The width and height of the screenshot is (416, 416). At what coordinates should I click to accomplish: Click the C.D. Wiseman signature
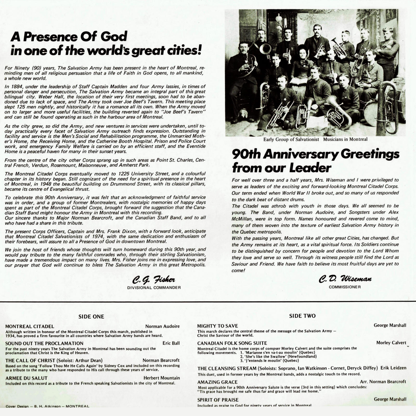tap(345, 279)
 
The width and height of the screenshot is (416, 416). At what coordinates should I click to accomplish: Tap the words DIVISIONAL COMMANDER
tap(154, 288)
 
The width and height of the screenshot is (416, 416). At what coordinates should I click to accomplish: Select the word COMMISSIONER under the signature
tap(345, 287)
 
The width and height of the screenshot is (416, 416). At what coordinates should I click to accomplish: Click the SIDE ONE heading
tap(91, 317)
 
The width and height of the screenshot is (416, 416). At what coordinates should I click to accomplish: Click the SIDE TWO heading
tap(302, 316)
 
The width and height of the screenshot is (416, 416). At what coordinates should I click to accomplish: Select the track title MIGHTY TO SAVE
tap(217, 326)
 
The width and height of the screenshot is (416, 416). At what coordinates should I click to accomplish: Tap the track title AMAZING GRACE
tap(217, 382)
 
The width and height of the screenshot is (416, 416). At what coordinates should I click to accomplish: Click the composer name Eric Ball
tap(171, 343)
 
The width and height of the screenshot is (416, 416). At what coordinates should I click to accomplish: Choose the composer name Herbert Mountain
tap(161, 378)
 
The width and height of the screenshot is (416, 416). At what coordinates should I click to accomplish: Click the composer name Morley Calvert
tap(391, 343)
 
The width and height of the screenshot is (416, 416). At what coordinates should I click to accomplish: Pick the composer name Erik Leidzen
tap(393, 368)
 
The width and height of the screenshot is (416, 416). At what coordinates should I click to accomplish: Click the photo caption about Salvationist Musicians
tap(315, 139)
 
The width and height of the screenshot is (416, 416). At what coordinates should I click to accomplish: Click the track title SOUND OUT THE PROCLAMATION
tap(44, 343)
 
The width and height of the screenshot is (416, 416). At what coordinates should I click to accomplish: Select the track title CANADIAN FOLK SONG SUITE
tap(232, 343)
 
